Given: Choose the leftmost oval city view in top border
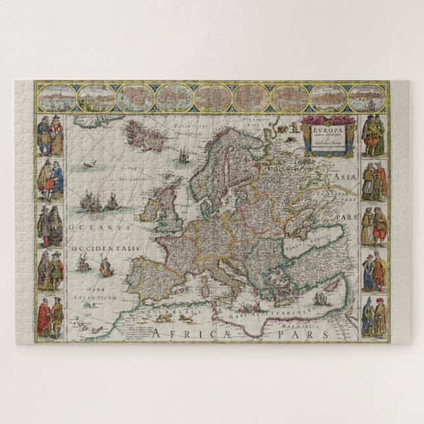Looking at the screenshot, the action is [x=56, y=97].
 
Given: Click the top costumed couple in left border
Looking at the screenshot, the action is [x=49, y=136].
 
